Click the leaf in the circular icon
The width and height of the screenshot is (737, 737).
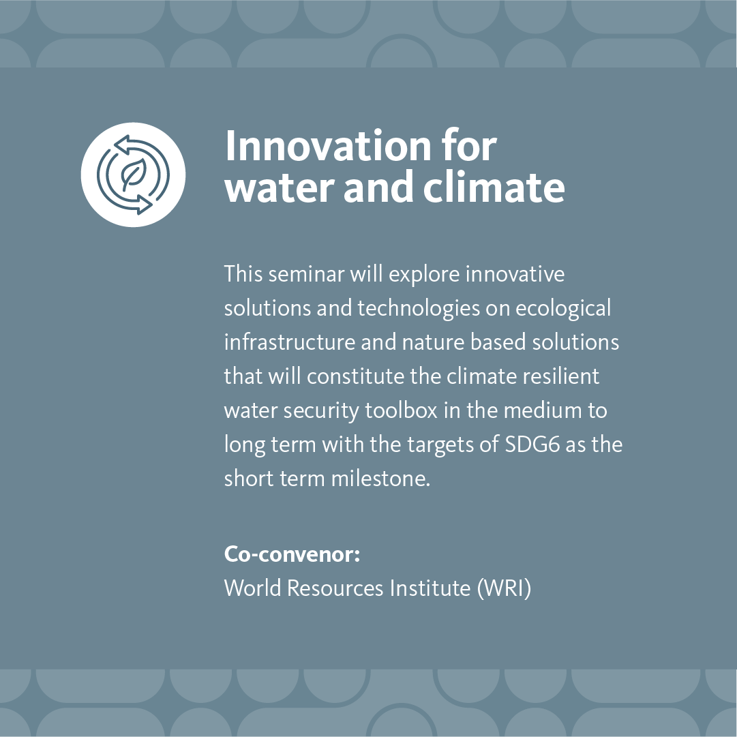pos(132,175)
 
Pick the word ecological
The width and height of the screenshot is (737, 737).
pos(562,308)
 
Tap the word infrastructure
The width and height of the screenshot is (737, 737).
pos(290,342)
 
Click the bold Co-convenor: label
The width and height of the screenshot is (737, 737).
pos(292,554)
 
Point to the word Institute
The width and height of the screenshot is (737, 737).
pos(429,588)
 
